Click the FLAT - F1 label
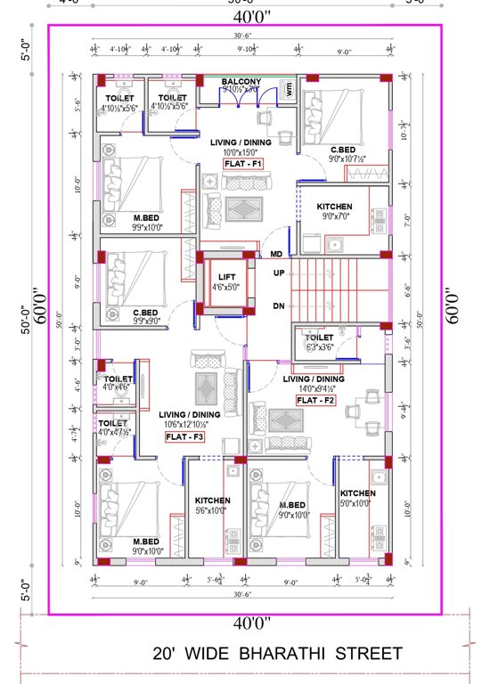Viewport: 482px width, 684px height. pyautogui.click(x=243, y=164)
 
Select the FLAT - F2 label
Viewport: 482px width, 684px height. pyautogui.click(x=315, y=401)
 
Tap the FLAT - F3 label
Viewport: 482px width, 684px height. pyautogui.click(x=187, y=436)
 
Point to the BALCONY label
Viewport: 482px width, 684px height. pyautogui.click(x=241, y=82)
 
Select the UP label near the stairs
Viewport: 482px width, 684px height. pyautogui.click(x=278, y=273)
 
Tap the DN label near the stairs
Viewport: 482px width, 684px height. pyautogui.click(x=278, y=305)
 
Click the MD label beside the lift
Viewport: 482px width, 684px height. pyautogui.click(x=277, y=254)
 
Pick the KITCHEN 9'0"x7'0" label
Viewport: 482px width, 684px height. pyautogui.click(x=334, y=207)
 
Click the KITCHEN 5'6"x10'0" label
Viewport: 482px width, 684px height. pyautogui.click(x=212, y=501)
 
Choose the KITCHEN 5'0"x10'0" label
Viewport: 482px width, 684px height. pyautogui.click(x=358, y=493)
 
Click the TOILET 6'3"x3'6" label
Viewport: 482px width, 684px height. pyautogui.click(x=318, y=338)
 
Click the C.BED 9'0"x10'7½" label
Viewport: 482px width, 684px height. pyautogui.click(x=345, y=150)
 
